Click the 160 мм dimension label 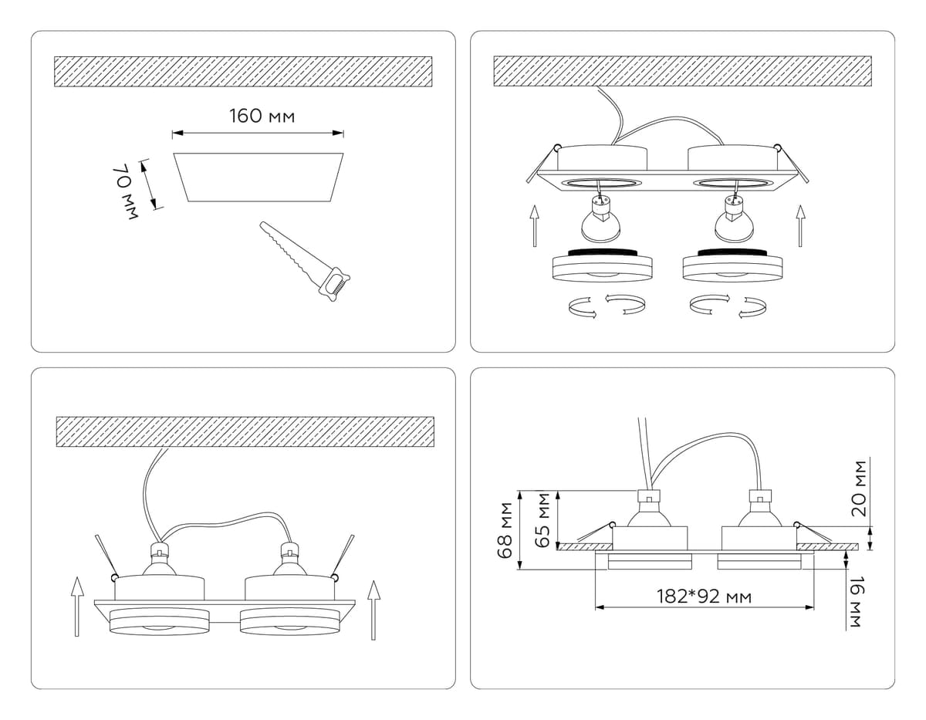pos(262,117)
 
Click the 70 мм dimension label pos(124,191)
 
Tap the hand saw pos(305,260)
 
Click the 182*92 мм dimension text pos(704,597)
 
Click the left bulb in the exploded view pos(600,219)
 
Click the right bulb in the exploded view pos(732,219)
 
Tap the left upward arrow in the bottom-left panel pos(76,607)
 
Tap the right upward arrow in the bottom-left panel pos(373,610)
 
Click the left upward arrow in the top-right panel pos(534,225)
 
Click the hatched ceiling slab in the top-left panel pos(243,71)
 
